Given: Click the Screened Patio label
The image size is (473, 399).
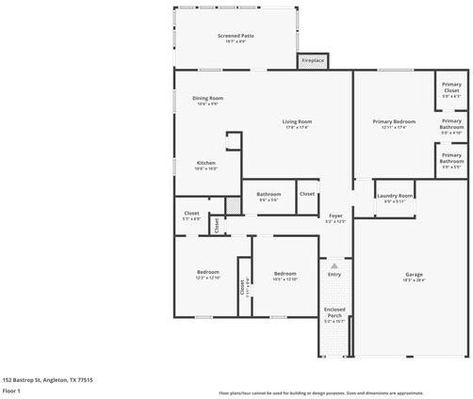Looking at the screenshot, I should click(x=236, y=36).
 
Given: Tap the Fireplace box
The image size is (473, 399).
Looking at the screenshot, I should click(x=313, y=61).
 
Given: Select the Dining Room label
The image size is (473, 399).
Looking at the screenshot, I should click(x=207, y=99).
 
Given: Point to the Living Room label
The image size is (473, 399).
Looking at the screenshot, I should click(x=297, y=122).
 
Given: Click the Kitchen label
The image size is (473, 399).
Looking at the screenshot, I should click(x=205, y=164).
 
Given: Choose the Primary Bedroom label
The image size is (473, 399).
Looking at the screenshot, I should click(x=393, y=122).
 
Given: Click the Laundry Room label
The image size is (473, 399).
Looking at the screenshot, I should click(x=395, y=196).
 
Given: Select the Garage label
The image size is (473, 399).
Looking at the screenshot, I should click(x=414, y=275).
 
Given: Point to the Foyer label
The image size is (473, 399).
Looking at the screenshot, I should click(x=334, y=216).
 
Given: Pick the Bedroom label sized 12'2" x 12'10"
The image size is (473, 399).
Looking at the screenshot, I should click(x=207, y=273).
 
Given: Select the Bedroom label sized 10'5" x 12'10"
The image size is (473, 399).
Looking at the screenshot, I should click(x=285, y=273).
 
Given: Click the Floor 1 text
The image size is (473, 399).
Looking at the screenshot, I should click(x=11, y=390).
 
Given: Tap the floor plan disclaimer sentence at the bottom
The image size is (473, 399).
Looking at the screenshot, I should click(x=320, y=391).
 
